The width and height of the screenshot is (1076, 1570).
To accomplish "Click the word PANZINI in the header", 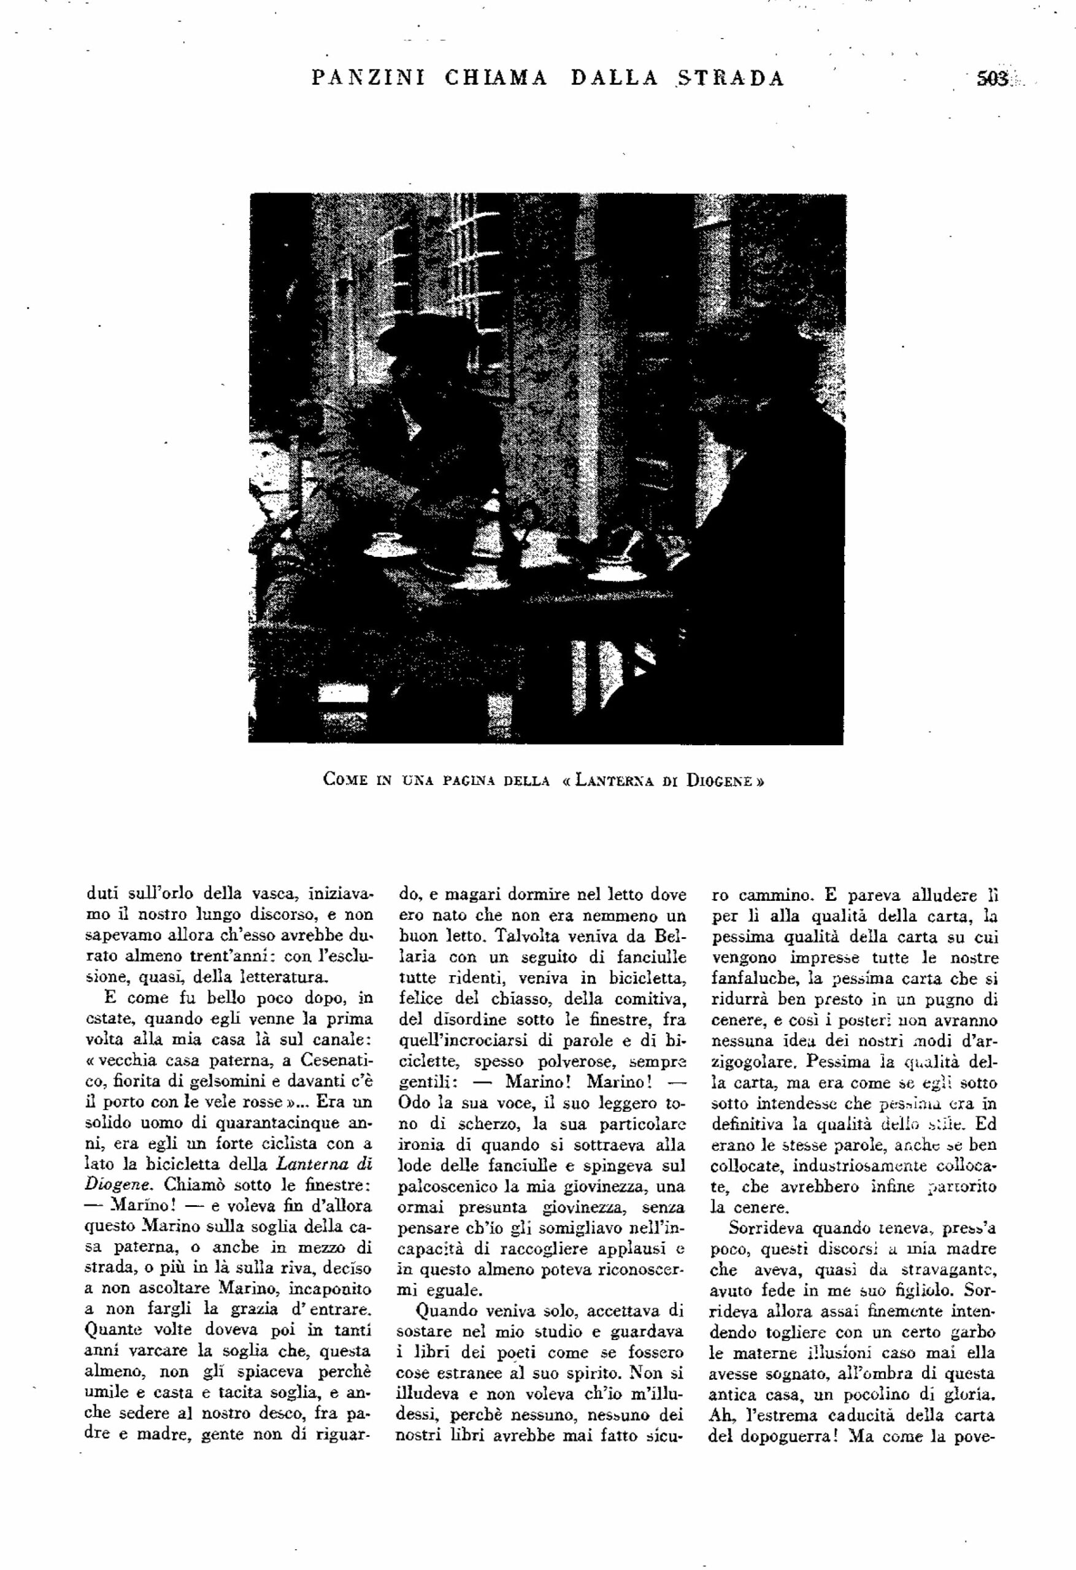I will pos(368,79).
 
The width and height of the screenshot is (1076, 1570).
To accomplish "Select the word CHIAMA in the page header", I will pos(496,79).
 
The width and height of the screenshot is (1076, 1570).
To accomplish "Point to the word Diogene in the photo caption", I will pos(716,780).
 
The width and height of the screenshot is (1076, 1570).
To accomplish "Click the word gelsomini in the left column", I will pos(239,1083).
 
